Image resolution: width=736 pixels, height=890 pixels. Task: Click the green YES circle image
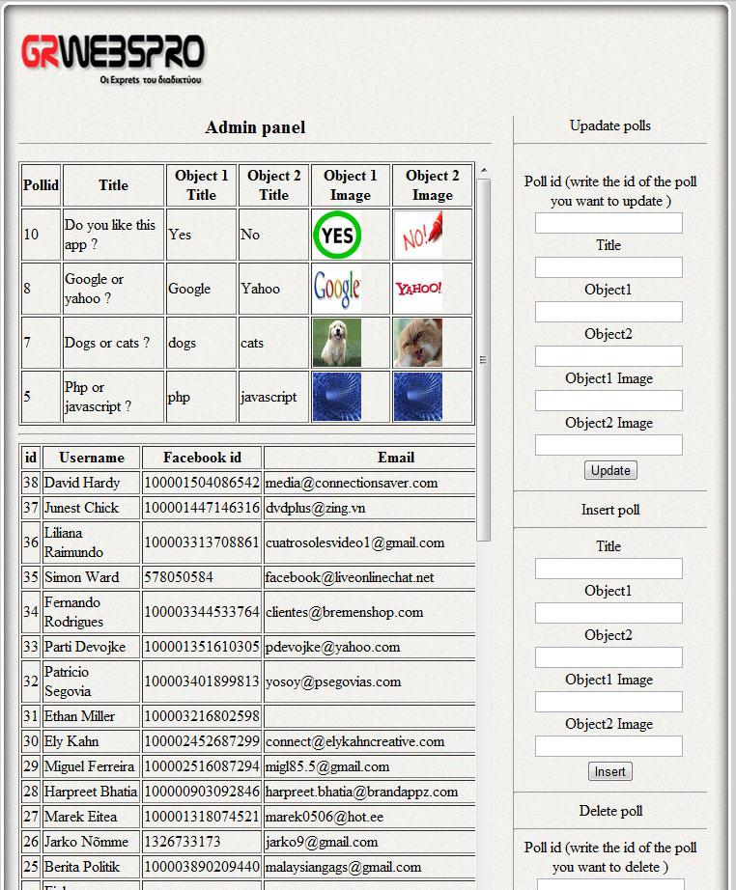click(337, 236)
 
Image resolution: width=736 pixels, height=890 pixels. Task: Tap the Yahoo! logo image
click(418, 289)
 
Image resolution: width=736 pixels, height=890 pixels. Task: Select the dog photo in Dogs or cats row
click(337, 343)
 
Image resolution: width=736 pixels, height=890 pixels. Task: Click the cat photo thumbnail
click(418, 343)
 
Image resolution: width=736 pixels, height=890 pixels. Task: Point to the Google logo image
click(337, 289)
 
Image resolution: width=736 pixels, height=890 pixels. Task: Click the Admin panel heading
click(255, 127)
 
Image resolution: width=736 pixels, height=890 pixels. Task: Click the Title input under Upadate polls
click(609, 267)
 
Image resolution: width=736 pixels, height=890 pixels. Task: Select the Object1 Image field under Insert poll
click(609, 702)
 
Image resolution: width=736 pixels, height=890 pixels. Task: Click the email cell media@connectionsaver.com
click(352, 483)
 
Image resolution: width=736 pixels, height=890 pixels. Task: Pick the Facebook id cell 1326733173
click(183, 842)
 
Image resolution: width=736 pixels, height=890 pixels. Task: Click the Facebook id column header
click(202, 458)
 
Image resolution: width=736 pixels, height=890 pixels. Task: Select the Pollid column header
click(41, 185)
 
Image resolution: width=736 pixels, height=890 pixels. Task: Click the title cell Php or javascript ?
click(98, 397)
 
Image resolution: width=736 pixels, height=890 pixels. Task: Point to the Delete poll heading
click(610, 811)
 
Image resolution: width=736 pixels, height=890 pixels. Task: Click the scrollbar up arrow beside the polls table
click(484, 171)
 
